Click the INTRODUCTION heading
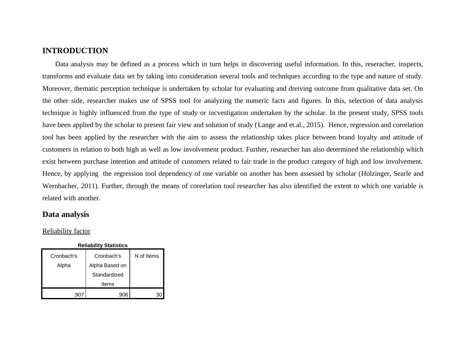point(75,51)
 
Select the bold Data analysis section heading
point(66,214)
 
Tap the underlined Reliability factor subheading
point(66,231)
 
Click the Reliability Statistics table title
point(103,245)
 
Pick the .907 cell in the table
point(79,295)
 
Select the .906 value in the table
point(123,295)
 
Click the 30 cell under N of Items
point(159,295)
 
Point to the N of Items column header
point(146,256)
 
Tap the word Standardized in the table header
point(108,275)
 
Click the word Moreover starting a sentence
point(56,89)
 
